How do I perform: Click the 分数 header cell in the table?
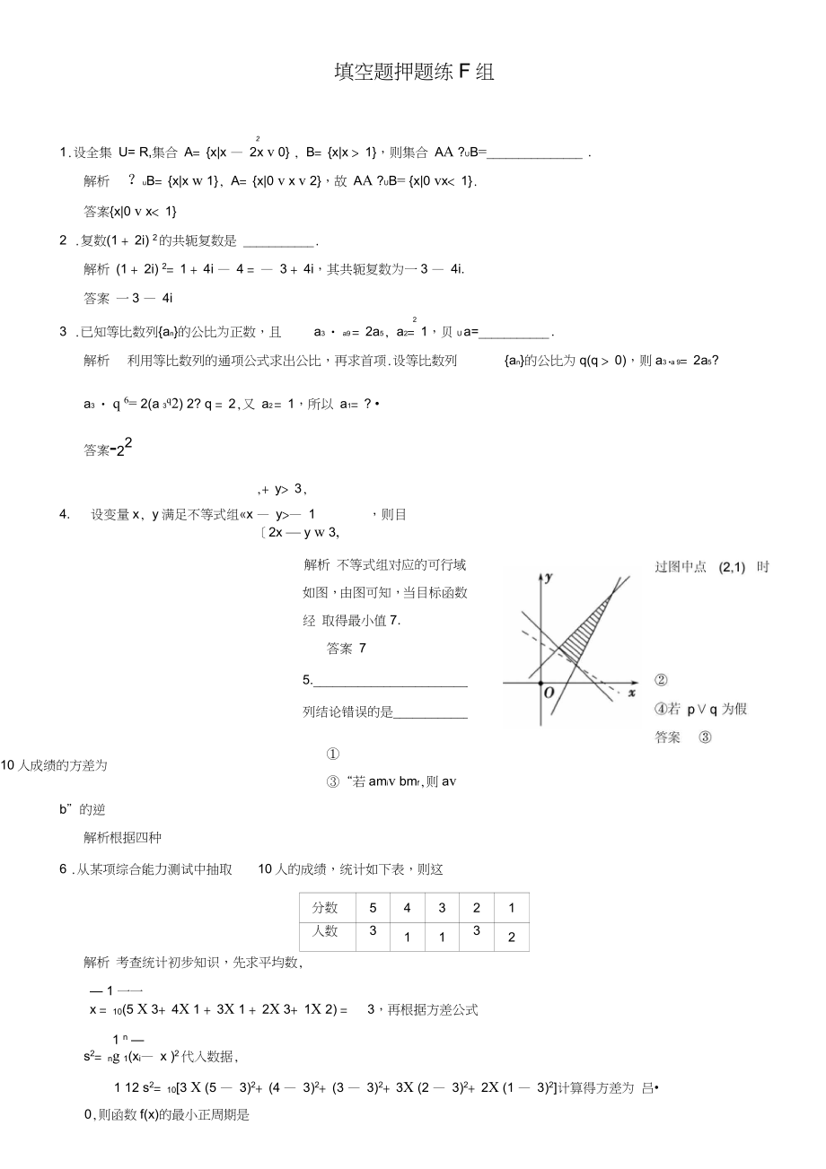[x=326, y=907]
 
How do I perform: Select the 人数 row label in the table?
[x=326, y=931]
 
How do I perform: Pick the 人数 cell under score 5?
[x=373, y=931]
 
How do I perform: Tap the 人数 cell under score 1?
[x=511, y=937]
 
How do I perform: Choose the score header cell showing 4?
[x=407, y=907]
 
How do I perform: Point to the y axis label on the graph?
[x=548, y=579]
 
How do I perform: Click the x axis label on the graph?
[x=631, y=693]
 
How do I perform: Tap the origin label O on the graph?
[x=548, y=693]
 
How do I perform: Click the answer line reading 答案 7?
[x=347, y=649]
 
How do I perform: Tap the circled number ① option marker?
[x=332, y=755]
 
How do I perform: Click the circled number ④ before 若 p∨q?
[x=662, y=709]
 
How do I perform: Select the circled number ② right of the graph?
[x=662, y=681]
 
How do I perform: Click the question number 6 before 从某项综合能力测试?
[x=63, y=868]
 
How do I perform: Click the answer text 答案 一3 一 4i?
[x=127, y=298]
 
